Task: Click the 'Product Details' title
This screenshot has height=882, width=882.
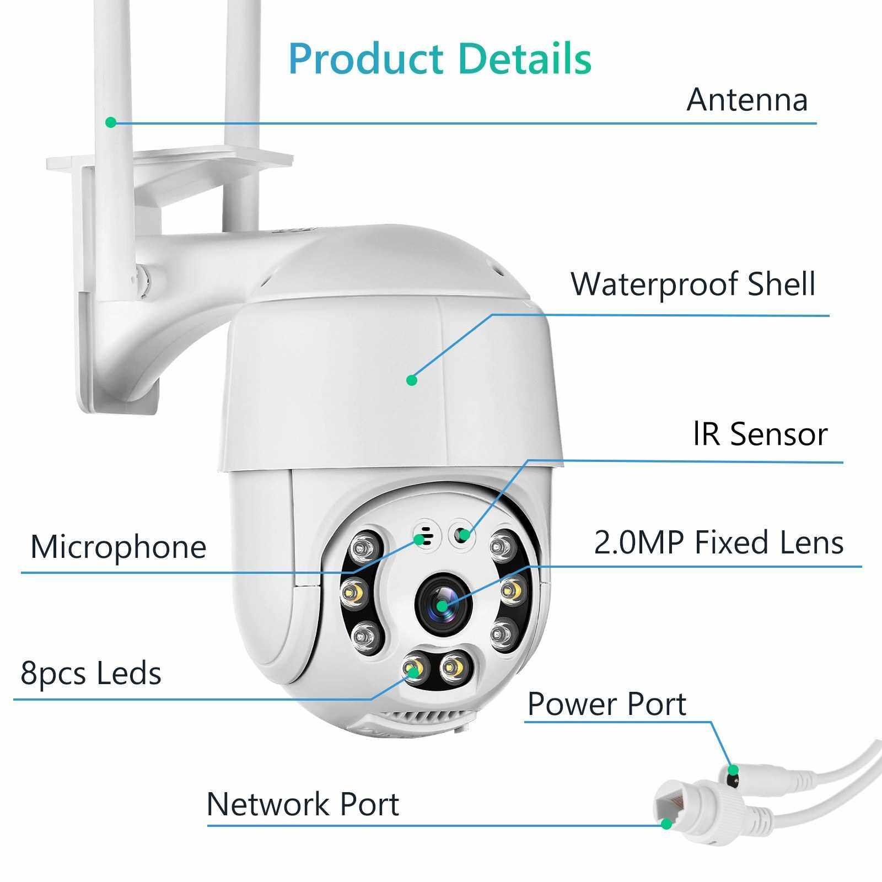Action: click(x=440, y=58)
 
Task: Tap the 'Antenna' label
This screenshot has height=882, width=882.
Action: click(x=747, y=100)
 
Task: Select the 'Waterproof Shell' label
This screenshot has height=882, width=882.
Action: click(x=693, y=284)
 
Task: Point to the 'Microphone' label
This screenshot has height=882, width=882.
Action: click(x=118, y=547)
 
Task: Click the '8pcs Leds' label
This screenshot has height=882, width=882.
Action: click(x=91, y=674)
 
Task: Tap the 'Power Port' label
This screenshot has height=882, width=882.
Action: click(x=607, y=704)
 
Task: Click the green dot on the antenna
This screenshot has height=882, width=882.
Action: click(x=111, y=122)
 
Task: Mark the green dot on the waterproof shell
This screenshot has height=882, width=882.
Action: click(x=411, y=380)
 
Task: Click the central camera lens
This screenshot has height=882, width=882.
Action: click(x=443, y=606)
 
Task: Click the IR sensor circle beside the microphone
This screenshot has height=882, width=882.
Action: click(x=462, y=534)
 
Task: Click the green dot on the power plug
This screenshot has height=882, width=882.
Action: click(x=733, y=770)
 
